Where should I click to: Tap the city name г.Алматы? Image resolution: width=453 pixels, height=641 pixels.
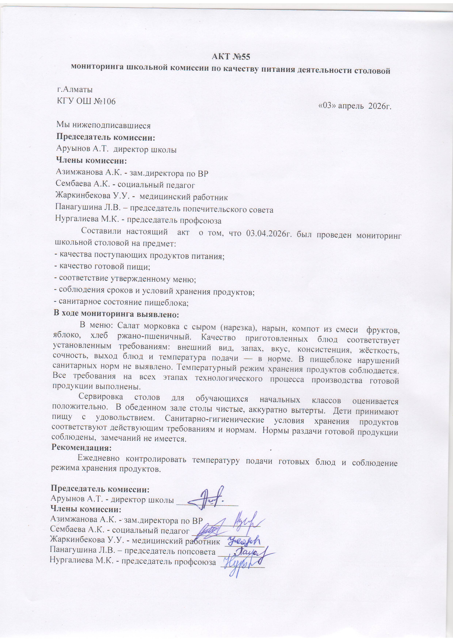tap(75, 90)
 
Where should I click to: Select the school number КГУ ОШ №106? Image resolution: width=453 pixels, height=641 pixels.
tap(86, 101)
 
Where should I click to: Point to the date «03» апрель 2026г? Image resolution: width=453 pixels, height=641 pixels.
tap(355, 106)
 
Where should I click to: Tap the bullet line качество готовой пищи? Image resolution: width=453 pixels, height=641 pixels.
tap(102, 267)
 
